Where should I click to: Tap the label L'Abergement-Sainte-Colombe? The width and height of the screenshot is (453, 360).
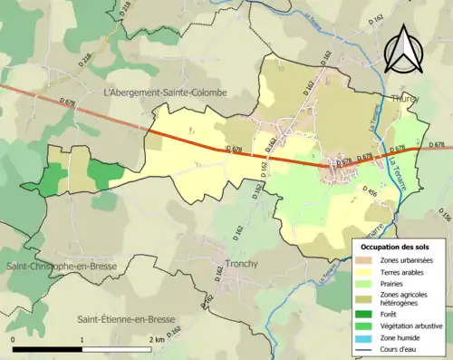[x=166, y=92]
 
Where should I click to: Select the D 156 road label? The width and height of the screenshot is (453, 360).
[x=444, y=217]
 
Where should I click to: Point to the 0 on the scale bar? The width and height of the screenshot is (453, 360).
[x=14, y=339]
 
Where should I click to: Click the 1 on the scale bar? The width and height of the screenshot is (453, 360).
[x=82, y=339]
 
